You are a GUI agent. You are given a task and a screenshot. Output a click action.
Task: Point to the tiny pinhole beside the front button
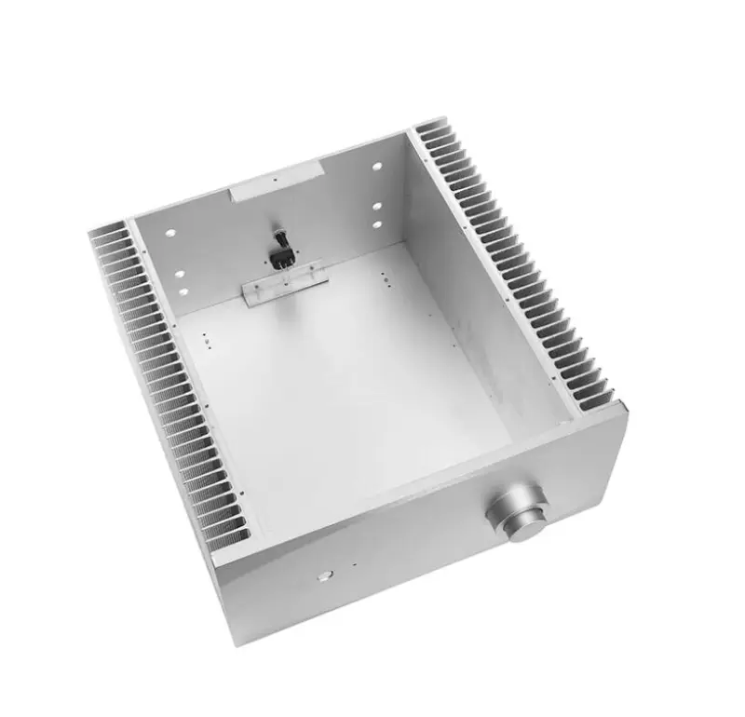click(x=354, y=564)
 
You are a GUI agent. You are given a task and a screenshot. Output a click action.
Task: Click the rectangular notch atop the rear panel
click(x=276, y=183)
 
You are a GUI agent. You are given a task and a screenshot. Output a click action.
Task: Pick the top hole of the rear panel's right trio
click(x=377, y=168)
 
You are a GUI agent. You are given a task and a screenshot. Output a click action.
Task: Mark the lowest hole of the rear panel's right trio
click(x=378, y=224)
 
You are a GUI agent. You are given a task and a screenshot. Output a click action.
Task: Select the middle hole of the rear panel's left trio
click(x=180, y=275)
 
